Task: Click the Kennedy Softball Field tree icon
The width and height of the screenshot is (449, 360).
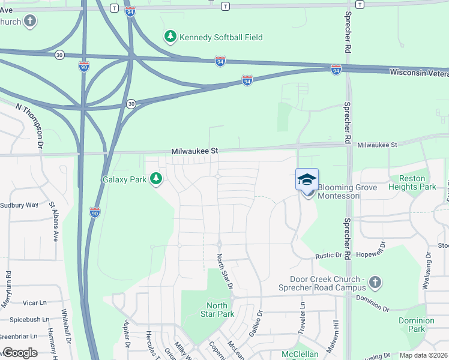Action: [171, 37]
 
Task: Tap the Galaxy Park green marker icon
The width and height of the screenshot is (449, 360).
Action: [156, 179]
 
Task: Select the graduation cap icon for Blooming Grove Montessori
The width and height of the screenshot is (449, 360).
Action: [307, 179]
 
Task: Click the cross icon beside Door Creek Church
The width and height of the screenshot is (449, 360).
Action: [375, 282]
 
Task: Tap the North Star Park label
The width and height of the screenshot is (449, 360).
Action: [217, 310]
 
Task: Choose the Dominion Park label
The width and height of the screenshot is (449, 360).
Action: [416, 325]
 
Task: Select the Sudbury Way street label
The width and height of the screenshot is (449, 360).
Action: [19, 205]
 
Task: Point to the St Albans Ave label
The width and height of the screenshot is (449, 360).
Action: [54, 222]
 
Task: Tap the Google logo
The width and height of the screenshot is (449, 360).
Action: [20, 353]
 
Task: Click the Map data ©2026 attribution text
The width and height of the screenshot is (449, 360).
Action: [424, 355]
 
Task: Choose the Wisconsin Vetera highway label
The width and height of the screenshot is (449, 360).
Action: [418, 72]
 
